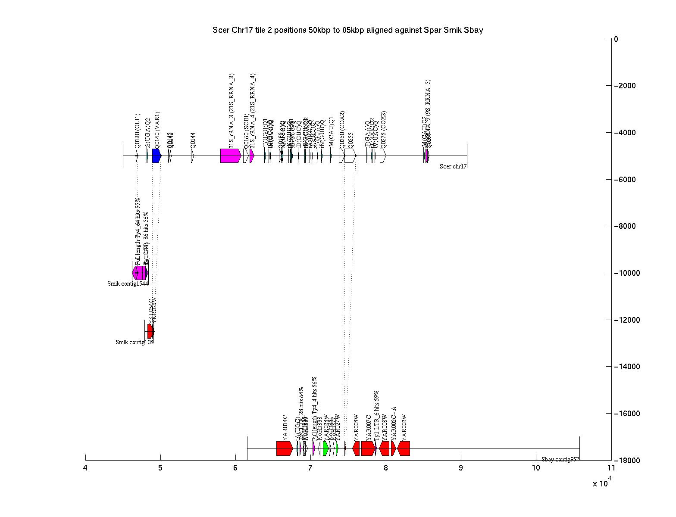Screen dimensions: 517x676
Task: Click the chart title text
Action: click(x=347, y=30)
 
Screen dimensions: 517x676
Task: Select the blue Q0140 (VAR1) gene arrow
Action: click(x=156, y=156)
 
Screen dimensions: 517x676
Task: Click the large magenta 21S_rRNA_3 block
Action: click(x=230, y=156)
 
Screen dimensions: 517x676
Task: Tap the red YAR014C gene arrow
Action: click(x=285, y=448)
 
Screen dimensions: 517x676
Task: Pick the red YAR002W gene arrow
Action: click(x=404, y=448)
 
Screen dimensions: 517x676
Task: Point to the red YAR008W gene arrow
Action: click(x=356, y=448)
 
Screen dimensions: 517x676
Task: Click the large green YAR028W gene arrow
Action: click(x=325, y=448)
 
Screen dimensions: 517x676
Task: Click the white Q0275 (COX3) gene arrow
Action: click(x=383, y=156)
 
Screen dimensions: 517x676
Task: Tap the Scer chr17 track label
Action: click(x=453, y=167)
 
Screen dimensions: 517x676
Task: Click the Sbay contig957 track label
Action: click(x=560, y=459)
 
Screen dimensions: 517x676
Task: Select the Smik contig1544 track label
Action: click(x=128, y=284)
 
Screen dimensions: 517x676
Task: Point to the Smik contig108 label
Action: click(x=134, y=343)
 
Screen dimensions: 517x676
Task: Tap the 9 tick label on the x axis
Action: click(x=461, y=468)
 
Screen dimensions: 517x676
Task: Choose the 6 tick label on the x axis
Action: click(x=235, y=468)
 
